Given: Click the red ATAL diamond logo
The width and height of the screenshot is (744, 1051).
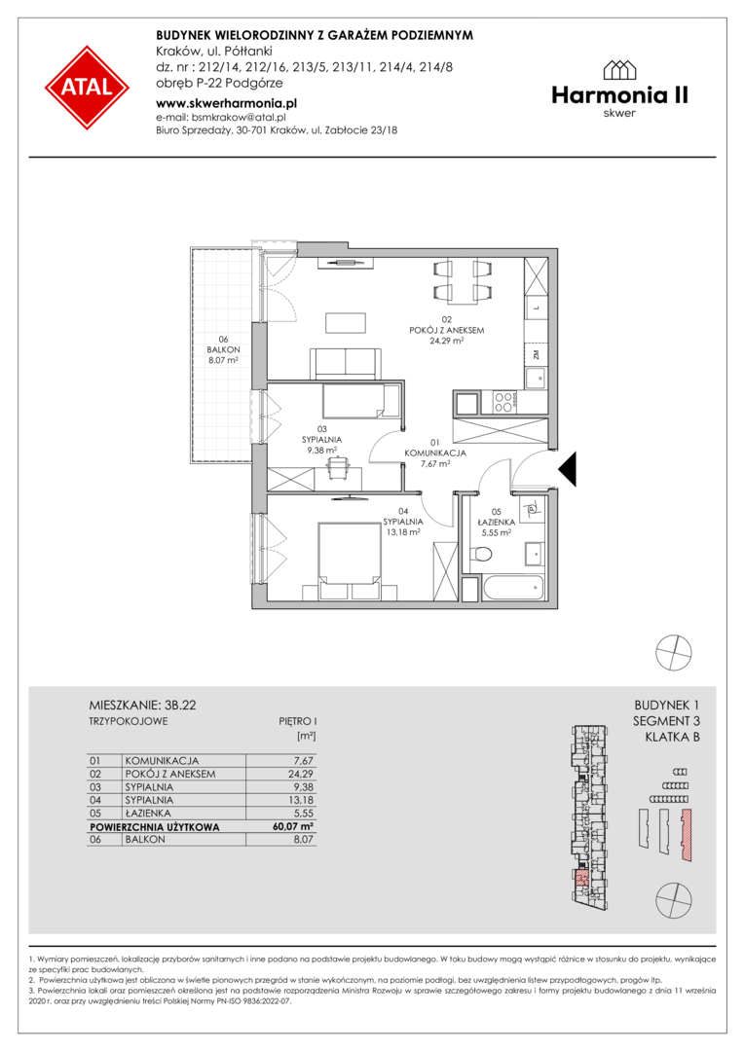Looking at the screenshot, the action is tap(88, 88).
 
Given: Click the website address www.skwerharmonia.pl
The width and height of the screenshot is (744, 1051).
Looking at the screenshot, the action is tap(226, 103).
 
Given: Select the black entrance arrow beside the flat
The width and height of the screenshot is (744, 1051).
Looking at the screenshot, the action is tap(568, 468).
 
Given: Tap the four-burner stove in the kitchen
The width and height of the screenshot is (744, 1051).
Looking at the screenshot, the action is tap(504, 402).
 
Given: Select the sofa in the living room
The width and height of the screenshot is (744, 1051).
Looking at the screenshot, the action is tap(345, 364).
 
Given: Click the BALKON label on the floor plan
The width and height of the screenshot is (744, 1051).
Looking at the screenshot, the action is tap(223, 350).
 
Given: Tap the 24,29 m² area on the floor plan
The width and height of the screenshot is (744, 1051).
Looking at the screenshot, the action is tap(447, 341).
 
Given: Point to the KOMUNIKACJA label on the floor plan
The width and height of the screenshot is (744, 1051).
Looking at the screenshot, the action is tap(434, 453).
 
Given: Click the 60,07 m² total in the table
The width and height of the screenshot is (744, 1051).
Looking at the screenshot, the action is tap(293, 827).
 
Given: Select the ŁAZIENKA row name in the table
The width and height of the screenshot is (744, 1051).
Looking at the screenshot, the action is tap(149, 813).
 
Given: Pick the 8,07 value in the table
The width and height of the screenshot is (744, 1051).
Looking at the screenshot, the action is tap(303, 839).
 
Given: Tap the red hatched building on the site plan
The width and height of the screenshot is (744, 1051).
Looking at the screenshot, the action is tap(686, 835).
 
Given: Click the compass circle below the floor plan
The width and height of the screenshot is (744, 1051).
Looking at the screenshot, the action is tap(673, 651).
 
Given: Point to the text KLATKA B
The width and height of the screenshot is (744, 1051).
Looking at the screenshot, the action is tap(672, 738).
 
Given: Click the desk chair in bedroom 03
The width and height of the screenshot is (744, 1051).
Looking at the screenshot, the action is tap(338, 466).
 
